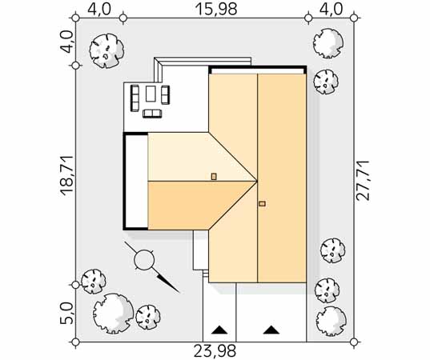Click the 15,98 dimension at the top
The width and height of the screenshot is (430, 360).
tap(216, 9)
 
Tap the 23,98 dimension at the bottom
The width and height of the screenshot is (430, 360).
tap(215, 351)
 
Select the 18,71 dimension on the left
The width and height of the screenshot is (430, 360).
tap(67, 176)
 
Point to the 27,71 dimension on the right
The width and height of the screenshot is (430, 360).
tap(362, 181)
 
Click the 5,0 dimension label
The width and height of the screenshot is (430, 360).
tap(67, 314)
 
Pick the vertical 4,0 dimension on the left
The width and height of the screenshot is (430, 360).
tap(66, 42)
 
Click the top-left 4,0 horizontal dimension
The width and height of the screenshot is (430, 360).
tap(99, 9)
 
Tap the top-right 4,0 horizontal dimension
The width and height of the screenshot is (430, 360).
tap(331, 9)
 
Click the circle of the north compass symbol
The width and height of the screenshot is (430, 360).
tap(144, 259)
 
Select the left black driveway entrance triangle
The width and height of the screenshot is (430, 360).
tap(219, 330)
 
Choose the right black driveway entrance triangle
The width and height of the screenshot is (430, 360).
tap(271, 330)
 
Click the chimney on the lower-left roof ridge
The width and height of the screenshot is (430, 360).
tap(214, 177)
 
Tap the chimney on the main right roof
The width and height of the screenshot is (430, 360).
tap(262, 203)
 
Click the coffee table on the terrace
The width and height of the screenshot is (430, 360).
tap(151, 94)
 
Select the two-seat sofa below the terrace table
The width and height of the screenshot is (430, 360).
tap(151, 114)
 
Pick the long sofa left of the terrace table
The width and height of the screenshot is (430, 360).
tap(135, 98)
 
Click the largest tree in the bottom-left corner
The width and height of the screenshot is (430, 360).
tap(113, 314)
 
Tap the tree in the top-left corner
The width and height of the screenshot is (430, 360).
tap(106, 50)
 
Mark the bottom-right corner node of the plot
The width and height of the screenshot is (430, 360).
tap(354, 342)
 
